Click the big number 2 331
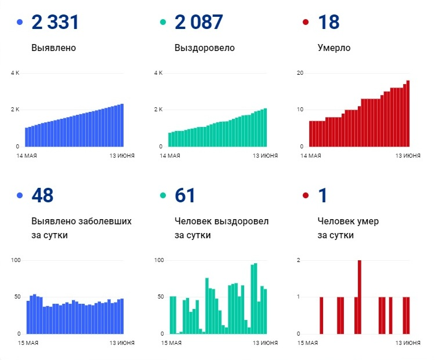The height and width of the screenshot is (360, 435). [x=55, y=23]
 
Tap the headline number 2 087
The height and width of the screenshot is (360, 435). [x=198, y=23]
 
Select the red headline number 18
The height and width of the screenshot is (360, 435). [x=328, y=23]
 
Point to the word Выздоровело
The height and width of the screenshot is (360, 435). [x=205, y=48]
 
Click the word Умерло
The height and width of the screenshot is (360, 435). [x=334, y=48]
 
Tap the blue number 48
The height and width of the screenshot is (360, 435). [x=42, y=195]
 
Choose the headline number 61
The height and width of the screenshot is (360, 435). [x=185, y=195]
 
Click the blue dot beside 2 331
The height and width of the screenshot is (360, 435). [x=20, y=23]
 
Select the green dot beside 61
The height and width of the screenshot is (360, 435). [x=163, y=195]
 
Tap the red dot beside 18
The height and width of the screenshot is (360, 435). [x=306, y=23]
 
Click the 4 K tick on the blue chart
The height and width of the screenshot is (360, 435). [x=15, y=73]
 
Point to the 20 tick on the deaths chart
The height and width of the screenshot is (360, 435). [x=300, y=73]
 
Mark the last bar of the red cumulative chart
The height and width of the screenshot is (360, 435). [x=408, y=114]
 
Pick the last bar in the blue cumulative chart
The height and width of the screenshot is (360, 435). [x=122, y=125]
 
